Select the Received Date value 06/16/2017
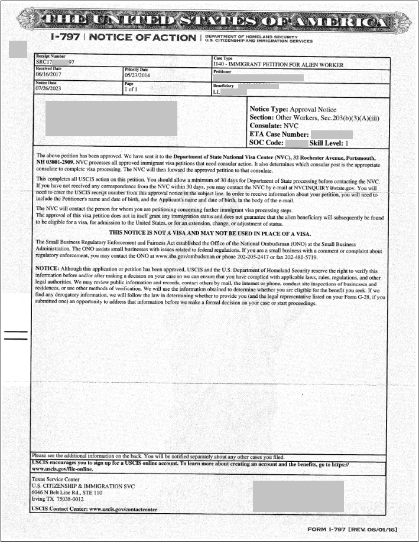tap(49, 75)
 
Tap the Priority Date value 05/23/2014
tap(138, 75)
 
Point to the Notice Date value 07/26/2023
tap(49, 89)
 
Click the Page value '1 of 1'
tap(131, 89)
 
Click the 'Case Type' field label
tap(223, 58)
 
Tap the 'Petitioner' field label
tap(223, 71)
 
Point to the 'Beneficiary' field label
tap(225, 86)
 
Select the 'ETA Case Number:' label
tap(279, 134)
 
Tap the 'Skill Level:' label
tap(327, 143)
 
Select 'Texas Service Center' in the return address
tap(55, 480)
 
